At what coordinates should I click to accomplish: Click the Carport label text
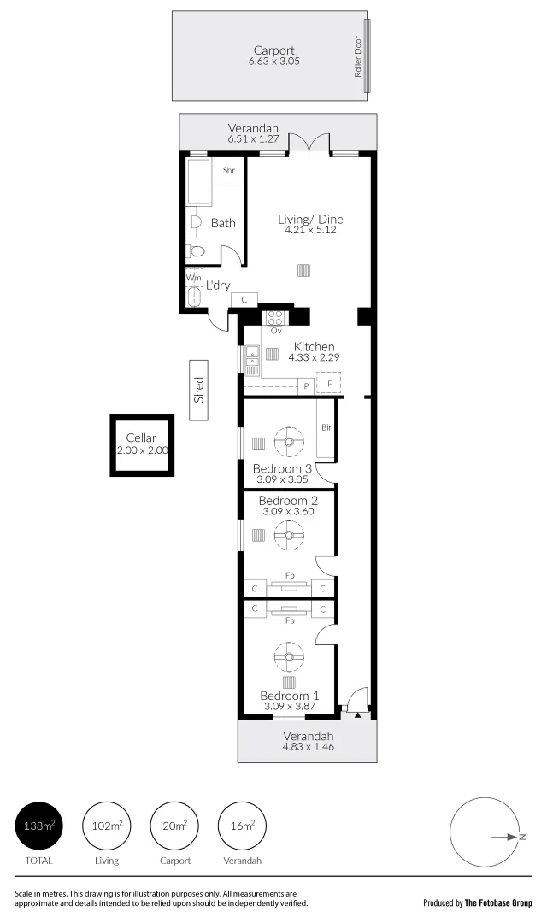click(274, 50)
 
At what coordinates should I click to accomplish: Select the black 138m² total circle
click(38, 826)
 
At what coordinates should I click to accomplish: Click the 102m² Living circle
click(107, 826)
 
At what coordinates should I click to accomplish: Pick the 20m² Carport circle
click(174, 826)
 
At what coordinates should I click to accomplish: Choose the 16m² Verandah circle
click(244, 826)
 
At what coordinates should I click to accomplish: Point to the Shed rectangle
click(199, 390)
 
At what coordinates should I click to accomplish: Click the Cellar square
click(141, 444)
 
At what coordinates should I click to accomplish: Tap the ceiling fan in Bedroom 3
click(289, 443)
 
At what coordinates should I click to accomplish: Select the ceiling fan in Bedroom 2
click(289, 536)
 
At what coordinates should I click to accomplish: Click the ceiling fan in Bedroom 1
click(289, 656)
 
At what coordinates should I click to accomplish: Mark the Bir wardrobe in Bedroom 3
click(326, 440)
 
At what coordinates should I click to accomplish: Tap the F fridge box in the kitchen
click(328, 385)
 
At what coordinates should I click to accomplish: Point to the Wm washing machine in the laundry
click(193, 278)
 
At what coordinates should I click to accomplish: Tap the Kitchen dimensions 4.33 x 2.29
click(314, 358)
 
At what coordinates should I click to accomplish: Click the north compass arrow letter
click(521, 838)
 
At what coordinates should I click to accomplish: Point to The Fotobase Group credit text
click(498, 902)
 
